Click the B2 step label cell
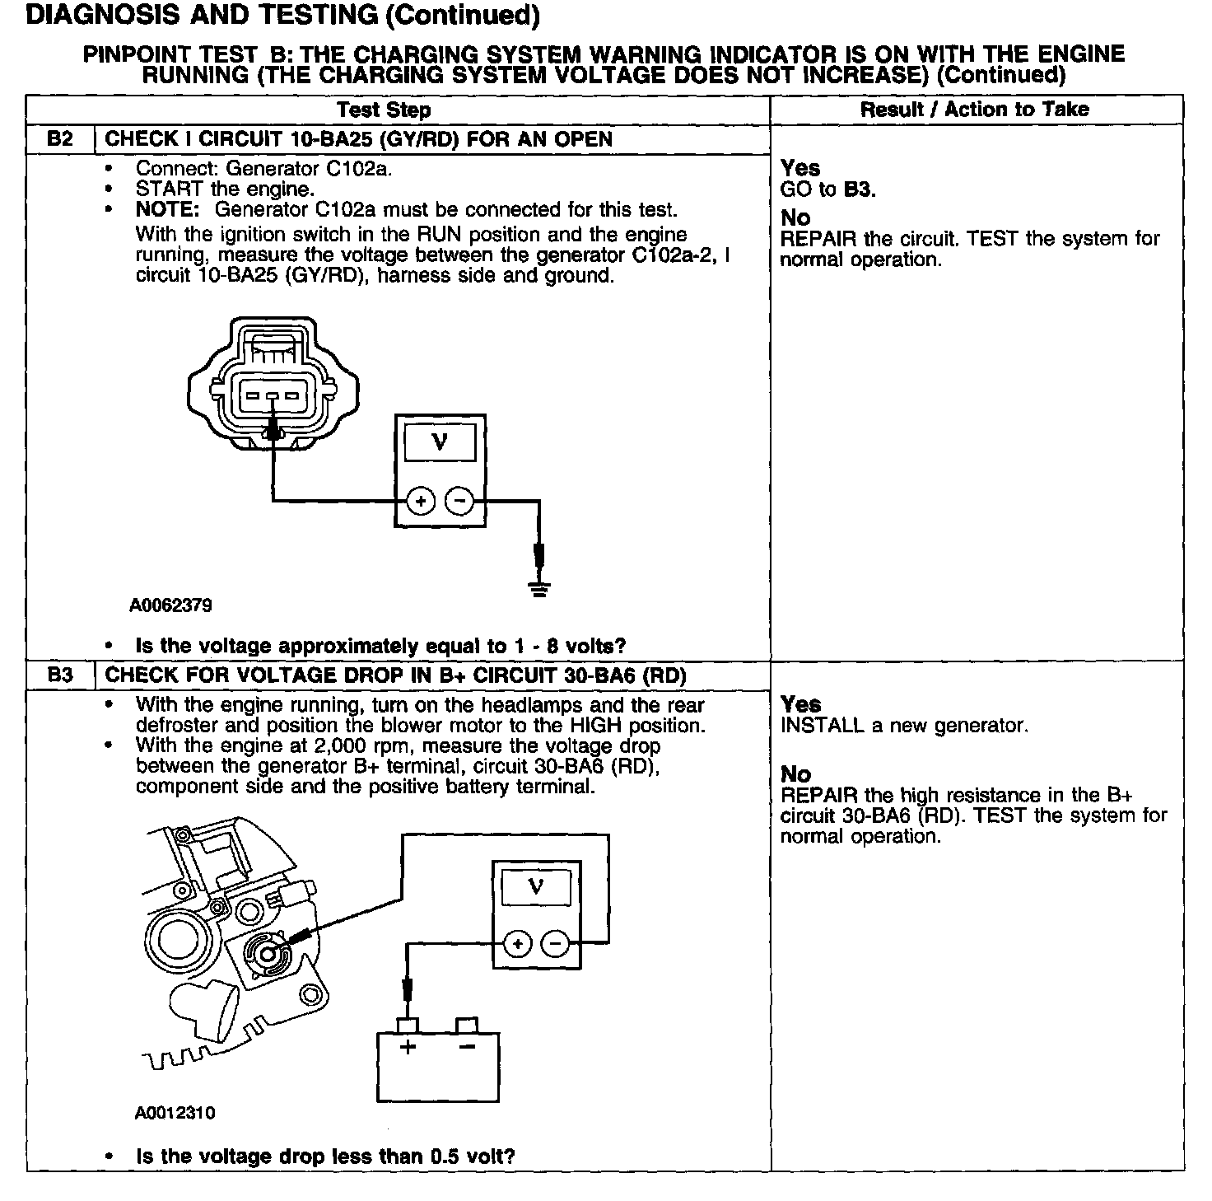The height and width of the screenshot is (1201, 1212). click(x=60, y=138)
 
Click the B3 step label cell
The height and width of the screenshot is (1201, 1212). click(x=60, y=675)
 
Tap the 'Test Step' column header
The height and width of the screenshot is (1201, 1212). click(x=384, y=110)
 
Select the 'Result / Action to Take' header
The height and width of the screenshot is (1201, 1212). click(x=975, y=110)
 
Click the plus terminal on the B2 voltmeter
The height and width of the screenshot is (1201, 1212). click(x=421, y=501)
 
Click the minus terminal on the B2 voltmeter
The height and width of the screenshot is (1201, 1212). click(x=459, y=501)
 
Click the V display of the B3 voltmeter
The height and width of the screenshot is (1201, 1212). click(x=537, y=888)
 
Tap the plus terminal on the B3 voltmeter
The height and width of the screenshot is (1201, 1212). click(x=517, y=944)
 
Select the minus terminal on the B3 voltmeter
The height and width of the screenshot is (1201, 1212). click(x=556, y=944)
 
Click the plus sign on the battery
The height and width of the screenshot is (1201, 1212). click(x=408, y=1047)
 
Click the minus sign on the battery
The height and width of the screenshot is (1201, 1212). click(x=467, y=1047)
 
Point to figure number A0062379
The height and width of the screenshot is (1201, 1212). click(x=171, y=605)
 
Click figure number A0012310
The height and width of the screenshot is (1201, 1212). click(x=175, y=1114)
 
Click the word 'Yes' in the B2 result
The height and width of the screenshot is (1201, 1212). click(x=800, y=168)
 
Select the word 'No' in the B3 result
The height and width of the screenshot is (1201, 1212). click(x=795, y=774)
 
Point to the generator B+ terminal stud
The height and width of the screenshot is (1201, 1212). click(x=266, y=953)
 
